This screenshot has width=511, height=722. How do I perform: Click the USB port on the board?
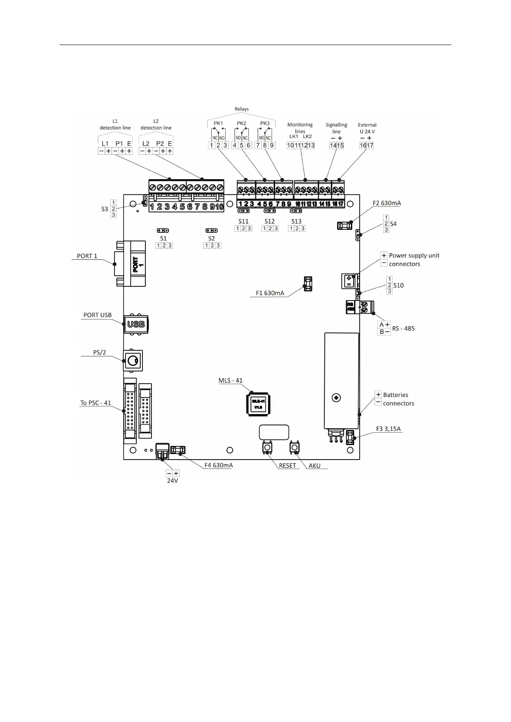pos(136,324)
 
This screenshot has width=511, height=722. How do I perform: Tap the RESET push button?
pos(267,448)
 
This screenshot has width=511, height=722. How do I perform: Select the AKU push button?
pos(295,448)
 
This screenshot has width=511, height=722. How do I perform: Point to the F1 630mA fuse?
pos(308,284)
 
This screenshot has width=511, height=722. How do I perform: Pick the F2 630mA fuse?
pos(345,226)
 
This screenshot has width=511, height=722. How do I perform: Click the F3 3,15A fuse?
pos(350,437)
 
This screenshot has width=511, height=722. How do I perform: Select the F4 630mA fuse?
pos(178,450)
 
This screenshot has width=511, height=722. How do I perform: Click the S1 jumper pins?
pos(163,231)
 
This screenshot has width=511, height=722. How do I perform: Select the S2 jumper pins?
pos(212,231)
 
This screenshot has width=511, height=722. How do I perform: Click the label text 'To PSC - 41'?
pos(96,403)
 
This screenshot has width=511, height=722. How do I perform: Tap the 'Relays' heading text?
pos(242,109)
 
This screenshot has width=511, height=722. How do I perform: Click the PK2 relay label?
pos(242,123)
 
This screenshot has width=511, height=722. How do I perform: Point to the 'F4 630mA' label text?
pos(218,465)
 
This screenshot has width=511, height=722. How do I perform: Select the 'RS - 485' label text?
pos(403,328)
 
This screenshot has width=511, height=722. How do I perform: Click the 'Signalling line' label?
pos(336,128)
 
